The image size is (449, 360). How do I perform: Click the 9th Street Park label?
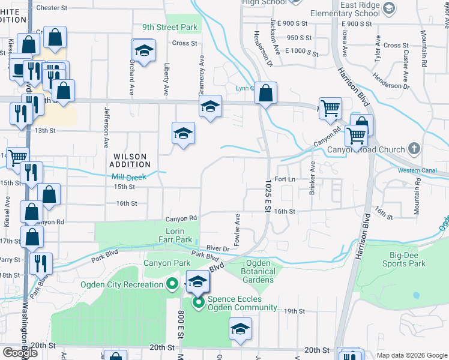[170, 28]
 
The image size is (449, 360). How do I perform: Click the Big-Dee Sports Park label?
[403, 259]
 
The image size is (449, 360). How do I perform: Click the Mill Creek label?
[129, 177]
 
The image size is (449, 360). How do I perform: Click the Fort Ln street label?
[285, 179]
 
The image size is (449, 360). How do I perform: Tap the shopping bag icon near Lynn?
[265, 93]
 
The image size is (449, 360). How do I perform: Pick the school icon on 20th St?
[240, 329]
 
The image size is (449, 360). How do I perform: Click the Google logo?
[21, 353]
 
